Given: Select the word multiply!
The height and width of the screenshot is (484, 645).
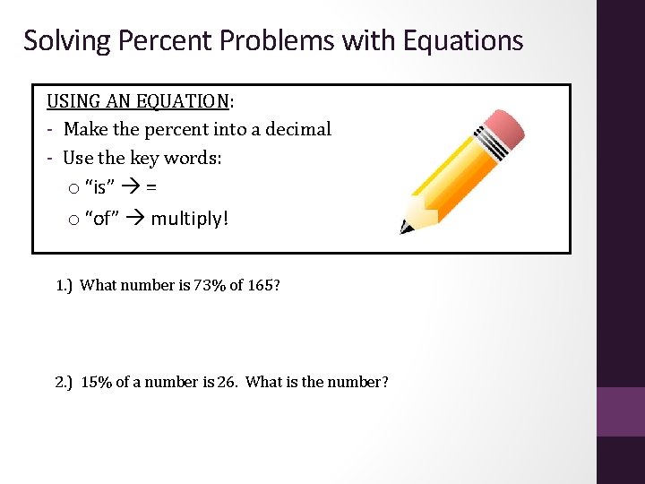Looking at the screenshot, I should click(190, 219).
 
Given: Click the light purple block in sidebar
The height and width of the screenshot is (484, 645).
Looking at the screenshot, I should click(621, 411).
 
